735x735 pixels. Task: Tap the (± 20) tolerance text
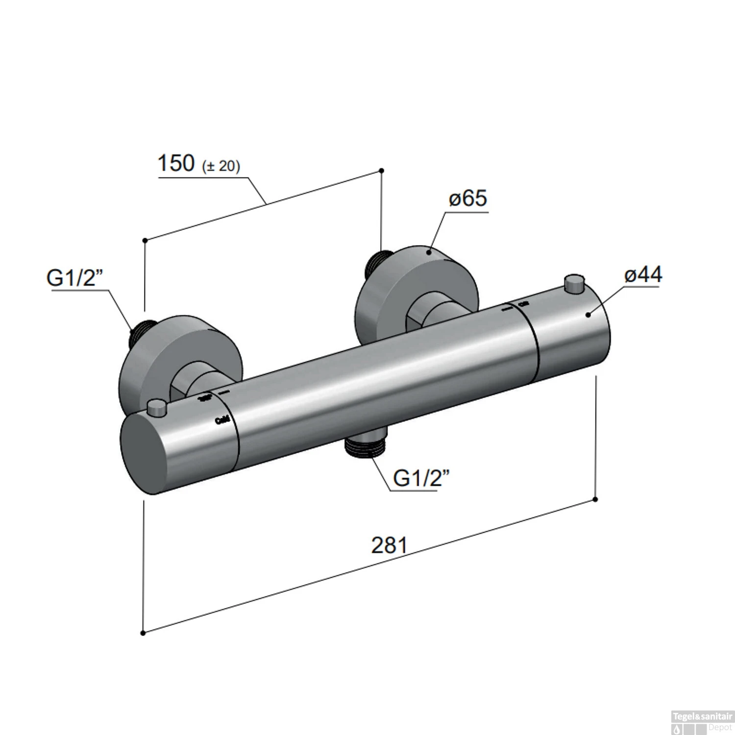tap(221, 166)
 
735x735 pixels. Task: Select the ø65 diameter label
tap(468, 198)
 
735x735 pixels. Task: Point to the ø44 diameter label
tap(643, 275)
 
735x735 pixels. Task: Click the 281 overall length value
tap(389, 545)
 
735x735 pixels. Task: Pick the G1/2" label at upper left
tap(74, 278)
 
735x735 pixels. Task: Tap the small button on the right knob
tap(572, 284)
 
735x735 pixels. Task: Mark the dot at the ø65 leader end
tap(429, 252)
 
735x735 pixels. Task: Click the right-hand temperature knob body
tap(571, 333)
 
